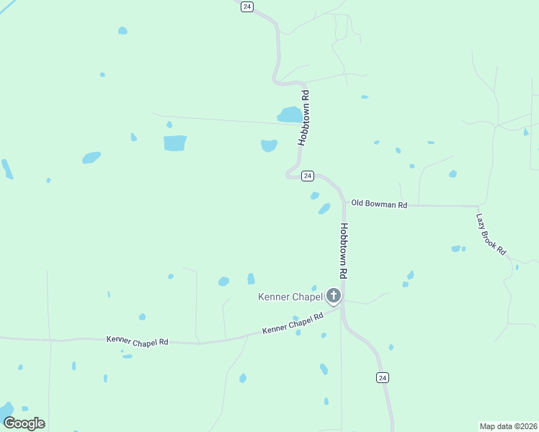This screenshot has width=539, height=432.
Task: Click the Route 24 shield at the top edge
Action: [x=247, y=6]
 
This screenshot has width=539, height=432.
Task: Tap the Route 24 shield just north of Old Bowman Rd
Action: [x=308, y=176]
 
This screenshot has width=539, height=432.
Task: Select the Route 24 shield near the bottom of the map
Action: [x=383, y=377]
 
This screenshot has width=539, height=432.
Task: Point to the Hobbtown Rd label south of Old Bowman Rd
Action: [x=344, y=251]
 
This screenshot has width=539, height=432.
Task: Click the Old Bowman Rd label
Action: [x=379, y=204]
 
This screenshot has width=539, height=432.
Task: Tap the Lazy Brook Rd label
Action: [x=491, y=234]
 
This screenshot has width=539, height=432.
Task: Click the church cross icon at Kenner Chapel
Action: [x=334, y=295]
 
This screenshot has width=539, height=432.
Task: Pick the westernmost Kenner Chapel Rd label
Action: [x=137, y=340]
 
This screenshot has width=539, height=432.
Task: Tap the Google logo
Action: [x=24, y=423]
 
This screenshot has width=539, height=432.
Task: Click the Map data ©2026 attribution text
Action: [x=507, y=426]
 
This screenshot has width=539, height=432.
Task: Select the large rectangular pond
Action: [x=175, y=143]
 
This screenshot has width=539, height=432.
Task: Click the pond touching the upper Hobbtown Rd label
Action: [x=290, y=114]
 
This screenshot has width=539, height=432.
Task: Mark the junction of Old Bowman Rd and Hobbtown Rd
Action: [x=344, y=205]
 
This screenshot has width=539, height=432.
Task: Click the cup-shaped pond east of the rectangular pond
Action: [x=269, y=145]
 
